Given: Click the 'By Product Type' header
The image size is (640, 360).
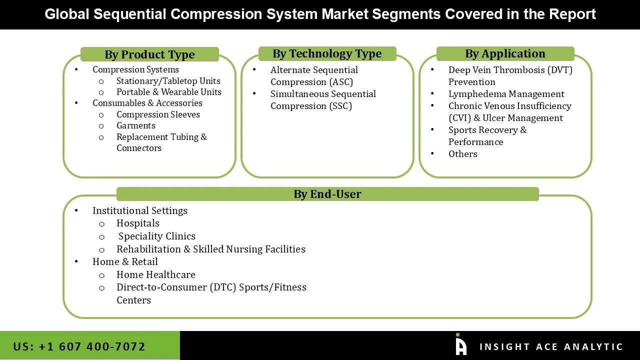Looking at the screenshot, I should [149, 54].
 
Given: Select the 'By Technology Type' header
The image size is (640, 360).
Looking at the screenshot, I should [327, 53].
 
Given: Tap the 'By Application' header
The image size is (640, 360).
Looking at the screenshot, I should [505, 53].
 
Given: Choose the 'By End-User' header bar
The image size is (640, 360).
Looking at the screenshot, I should [327, 194].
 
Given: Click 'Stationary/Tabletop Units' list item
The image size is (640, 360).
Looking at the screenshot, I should [168, 81].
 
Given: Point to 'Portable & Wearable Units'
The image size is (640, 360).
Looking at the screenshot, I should [168, 92].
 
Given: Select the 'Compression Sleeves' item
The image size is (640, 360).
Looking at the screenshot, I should [158, 114].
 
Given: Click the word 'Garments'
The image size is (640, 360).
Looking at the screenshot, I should [136, 125].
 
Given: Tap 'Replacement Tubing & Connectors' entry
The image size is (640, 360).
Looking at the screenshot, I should [161, 142].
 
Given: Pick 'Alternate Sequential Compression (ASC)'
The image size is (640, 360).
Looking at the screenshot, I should [314, 76].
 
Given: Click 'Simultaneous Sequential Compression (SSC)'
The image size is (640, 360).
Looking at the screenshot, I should [323, 100].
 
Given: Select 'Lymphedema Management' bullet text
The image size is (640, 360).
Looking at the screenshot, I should [506, 94].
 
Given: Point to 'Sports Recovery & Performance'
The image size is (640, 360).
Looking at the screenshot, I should [487, 136].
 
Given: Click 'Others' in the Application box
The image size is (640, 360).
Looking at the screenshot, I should [462, 154].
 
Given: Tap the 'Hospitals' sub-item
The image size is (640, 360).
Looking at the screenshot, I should [138, 223].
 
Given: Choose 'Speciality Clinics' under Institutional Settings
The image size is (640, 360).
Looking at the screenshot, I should [157, 236].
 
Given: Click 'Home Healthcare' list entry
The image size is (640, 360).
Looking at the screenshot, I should [156, 274].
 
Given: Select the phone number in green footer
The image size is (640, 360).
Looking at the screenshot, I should [79, 346].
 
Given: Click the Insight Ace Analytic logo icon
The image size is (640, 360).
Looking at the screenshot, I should [461, 345].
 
